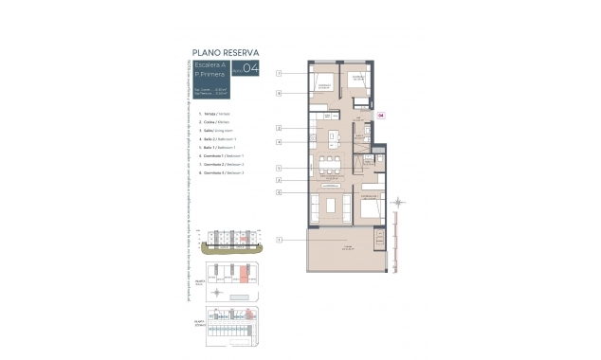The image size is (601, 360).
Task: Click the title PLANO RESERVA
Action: pyautogui.click(x=226, y=52)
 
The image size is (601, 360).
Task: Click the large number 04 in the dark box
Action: pyautogui.click(x=250, y=68)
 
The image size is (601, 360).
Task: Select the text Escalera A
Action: pyautogui.click(x=209, y=64)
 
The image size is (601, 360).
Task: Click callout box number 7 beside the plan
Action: pyautogui.click(x=280, y=93)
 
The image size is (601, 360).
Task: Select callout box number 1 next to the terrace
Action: pyautogui.click(x=280, y=240)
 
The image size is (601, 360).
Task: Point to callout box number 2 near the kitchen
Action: pyautogui.click(x=280, y=127)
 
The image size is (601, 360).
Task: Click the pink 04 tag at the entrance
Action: pyautogui.click(x=381, y=115)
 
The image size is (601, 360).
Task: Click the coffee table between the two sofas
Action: pyautogui.click(x=331, y=205)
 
